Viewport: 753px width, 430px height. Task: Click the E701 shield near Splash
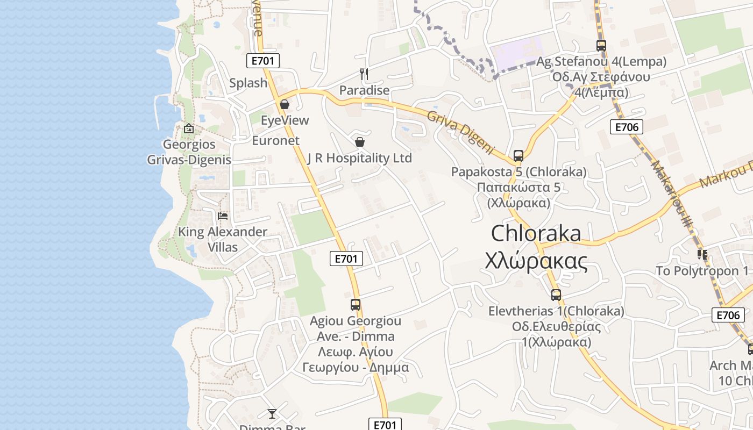263,61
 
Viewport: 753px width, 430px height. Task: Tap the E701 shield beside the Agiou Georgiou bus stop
346,259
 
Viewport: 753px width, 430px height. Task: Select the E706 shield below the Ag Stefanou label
627,127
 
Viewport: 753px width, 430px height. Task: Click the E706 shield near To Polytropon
728,315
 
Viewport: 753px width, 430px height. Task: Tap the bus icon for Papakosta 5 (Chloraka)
518,156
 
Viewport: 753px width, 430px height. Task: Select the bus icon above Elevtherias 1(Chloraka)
556,295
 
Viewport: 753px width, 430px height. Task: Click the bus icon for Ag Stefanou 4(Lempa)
601,46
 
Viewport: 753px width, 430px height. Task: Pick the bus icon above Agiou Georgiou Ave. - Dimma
356,305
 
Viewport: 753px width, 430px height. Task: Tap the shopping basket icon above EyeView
285,104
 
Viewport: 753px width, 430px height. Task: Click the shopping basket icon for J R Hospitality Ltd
360,142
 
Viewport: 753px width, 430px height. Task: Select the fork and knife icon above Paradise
365,74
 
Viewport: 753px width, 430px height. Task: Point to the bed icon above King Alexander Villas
223,216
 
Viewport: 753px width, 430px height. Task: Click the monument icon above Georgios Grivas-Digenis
189,128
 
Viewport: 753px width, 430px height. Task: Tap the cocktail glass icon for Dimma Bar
272,413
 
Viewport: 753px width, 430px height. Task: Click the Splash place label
248,83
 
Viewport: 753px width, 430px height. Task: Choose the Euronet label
276,141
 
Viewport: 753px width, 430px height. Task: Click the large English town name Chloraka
536,233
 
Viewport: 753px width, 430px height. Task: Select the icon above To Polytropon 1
702,254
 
